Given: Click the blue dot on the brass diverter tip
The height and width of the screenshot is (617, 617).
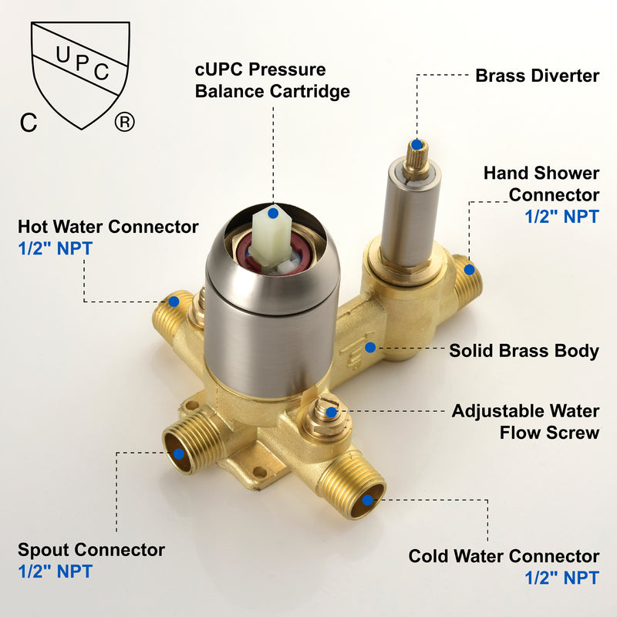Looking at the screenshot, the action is click(416, 145).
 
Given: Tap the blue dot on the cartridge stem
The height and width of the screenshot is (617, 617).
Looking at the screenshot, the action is click(273, 214).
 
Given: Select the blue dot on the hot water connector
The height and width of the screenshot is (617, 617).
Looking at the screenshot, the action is click(174, 302).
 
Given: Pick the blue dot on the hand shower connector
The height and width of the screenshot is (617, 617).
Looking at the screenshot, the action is click(469, 269).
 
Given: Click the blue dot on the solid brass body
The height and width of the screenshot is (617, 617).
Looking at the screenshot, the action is click(370, 348).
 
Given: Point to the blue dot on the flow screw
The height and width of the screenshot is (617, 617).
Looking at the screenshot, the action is click(332, 412).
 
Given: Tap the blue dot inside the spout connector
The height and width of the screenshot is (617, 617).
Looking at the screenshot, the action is click(179, 453).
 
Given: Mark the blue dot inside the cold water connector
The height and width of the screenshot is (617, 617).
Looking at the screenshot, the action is click(368, 500).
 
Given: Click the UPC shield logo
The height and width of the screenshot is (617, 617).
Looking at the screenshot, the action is click(81, 75).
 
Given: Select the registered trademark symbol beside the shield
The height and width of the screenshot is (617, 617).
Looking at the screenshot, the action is click(125, 123).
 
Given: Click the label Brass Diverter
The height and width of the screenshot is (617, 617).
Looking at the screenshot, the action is click(537, 76).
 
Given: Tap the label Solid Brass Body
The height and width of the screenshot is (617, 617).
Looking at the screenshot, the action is click(524, 351).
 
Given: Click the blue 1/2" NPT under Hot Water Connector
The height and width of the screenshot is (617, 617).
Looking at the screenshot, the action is click(55, 248).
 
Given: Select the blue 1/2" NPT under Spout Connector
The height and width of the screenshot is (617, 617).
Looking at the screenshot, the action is click(55, 571).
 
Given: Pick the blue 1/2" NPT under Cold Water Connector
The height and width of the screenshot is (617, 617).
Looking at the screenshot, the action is click(562, 578).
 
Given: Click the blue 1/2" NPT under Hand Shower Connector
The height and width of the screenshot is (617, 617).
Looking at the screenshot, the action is click(562, 217).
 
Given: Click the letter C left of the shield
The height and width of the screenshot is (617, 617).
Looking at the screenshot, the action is click(29, 123).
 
